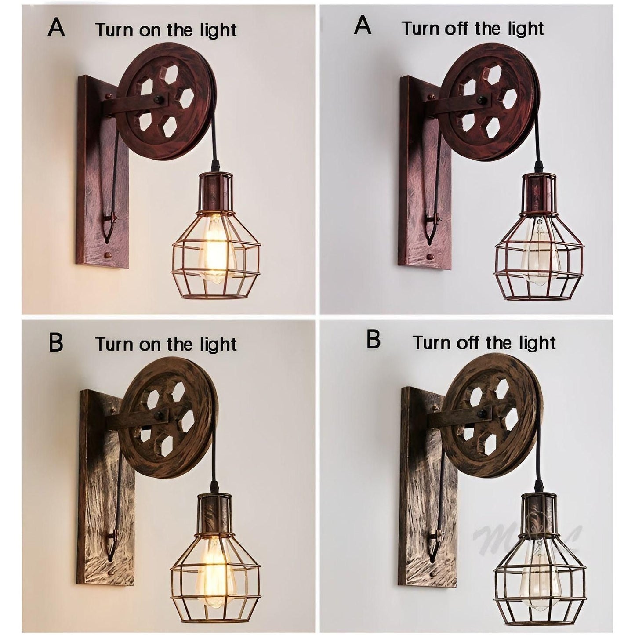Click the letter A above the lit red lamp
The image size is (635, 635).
coord(56,28)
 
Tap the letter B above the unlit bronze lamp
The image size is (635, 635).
coord(373,341)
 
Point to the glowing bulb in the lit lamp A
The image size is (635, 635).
coord(214,250)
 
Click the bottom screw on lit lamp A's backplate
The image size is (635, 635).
coord(107,254)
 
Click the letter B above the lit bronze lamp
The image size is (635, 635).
coord(56,343)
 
